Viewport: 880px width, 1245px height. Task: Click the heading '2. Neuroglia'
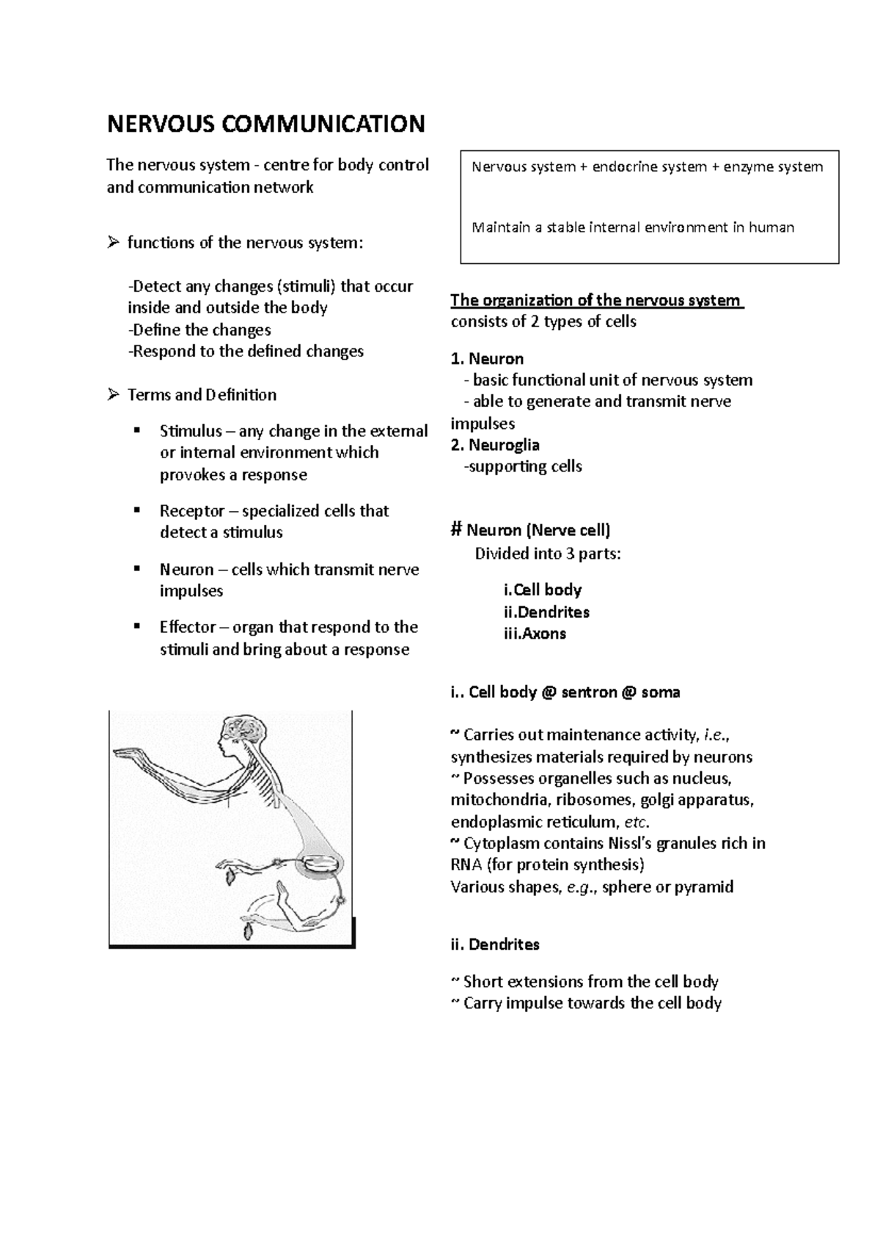point(495,445)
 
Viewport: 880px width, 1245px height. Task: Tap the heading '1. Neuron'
point(487,359)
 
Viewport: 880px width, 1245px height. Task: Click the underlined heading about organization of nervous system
point(596,300)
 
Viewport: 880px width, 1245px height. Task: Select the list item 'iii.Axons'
point(535,633)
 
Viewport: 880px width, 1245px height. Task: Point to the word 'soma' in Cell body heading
point(660,692)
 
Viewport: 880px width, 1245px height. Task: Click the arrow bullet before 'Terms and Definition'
point(113,395)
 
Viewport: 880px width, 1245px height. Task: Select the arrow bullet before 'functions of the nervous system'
point(113,243)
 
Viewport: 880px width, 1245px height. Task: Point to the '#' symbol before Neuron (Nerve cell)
point(456,530)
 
